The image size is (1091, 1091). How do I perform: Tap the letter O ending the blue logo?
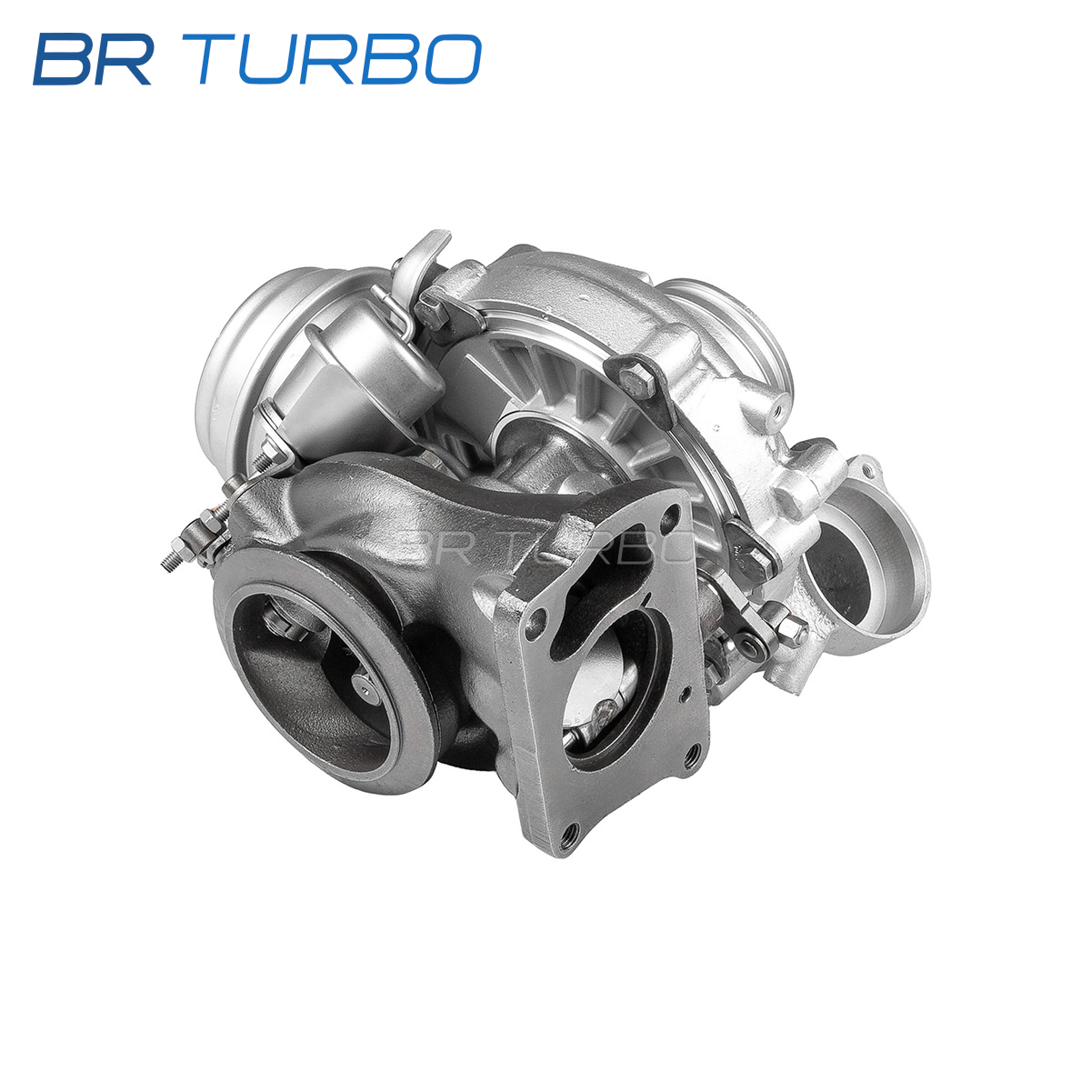[453, 59]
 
